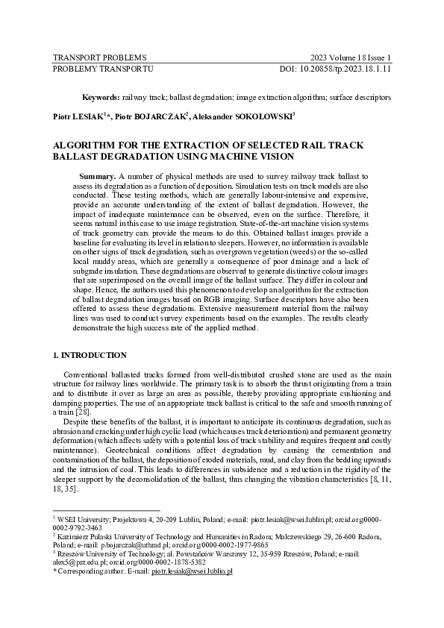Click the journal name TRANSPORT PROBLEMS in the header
(99, 57)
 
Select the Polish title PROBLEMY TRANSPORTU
(103, 69)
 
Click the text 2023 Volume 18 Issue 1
(351, 57)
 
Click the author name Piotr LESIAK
(78, 116)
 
